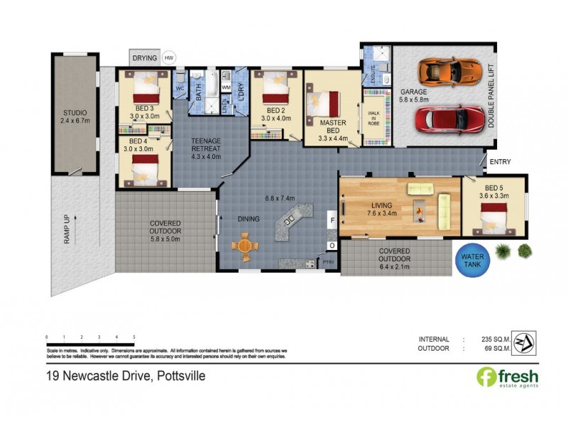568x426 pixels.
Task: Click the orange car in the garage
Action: coord(439,71)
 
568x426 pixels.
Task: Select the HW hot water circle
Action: coord(169,58)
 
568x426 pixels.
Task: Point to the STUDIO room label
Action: coord(74,116)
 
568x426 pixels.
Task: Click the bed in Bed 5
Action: coord(495,216)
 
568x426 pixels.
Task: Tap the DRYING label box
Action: coord(145,57)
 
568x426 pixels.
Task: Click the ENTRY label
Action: coord(500,163)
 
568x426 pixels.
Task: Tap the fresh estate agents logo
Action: coord(507,377)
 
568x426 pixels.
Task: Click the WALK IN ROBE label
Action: coord(373,119)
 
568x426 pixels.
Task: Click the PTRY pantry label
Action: coord(328,263)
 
